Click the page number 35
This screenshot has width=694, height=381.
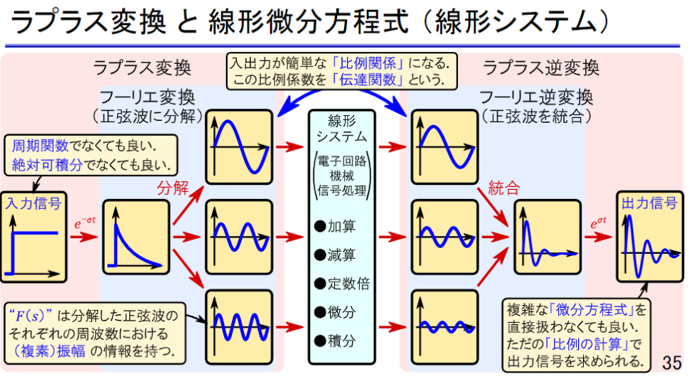[x=671, y=363]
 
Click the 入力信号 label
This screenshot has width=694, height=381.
[x=33, y=203]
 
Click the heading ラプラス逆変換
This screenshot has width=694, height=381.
[x=541, y=68]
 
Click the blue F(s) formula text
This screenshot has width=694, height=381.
[x=31, y=314]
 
